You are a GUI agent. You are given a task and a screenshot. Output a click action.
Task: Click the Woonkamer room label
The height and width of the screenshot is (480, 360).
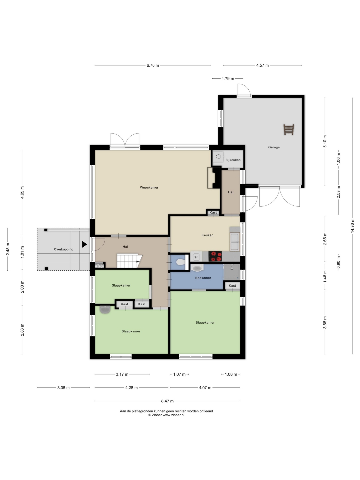click(x=149, y=187)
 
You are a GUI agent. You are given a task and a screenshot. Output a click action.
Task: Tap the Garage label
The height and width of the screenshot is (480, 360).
click(x=274, y=147)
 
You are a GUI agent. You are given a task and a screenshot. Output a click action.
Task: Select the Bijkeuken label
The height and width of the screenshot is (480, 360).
click(x=233, y=160)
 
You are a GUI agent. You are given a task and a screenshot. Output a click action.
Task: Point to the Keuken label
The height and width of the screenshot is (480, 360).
click(x=207, y=235)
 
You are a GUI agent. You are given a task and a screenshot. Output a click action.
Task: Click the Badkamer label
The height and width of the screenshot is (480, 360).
click(x=203, y=278)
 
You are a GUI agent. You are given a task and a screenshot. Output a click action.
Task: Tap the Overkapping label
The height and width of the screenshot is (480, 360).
click(x=64, y=249)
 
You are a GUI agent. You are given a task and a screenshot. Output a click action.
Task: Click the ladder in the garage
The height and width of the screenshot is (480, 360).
click(x=289, y=129)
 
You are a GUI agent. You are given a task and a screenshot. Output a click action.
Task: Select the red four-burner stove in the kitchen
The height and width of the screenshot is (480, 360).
click(x=215, y=256)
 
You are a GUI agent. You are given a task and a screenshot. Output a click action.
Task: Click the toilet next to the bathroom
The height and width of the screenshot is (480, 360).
click(x=181, y=262)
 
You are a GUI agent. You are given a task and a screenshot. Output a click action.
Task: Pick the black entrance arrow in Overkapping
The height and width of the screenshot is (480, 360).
click(x=84, y=244)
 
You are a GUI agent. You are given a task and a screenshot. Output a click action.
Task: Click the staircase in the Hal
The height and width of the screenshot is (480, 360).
click(x=129, y=261)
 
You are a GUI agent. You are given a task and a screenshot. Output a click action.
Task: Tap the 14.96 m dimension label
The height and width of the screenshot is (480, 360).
click(x=352, y=226)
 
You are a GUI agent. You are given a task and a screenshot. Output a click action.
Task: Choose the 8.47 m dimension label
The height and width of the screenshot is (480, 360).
click(x=167, y=401)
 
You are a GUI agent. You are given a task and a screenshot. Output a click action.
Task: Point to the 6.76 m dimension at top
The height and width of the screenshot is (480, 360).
click(x=153, y=65)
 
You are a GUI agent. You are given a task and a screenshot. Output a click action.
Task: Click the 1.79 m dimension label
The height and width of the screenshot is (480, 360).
click(x=228, y=79)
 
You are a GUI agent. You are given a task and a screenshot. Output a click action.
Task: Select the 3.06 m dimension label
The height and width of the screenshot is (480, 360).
click(x=63, y=387)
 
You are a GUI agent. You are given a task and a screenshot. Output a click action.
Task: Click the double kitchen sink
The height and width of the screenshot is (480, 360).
click(x=235, y=242)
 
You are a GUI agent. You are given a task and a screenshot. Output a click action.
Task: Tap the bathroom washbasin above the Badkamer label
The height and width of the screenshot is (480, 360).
click(x=197, y=268)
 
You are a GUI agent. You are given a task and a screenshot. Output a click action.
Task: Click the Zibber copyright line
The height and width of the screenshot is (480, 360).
click(x=166, y=415)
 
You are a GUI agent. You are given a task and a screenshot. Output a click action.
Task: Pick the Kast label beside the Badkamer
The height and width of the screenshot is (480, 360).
click(x=232, y=286)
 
